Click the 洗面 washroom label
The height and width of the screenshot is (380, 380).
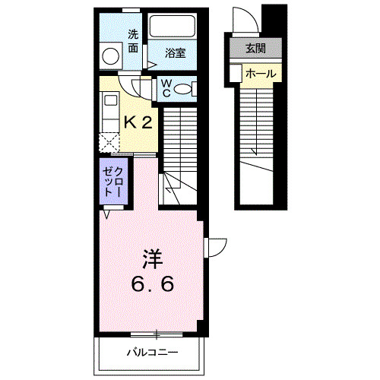(x=133, y=40)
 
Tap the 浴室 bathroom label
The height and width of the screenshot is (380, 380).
(x=176, y=54)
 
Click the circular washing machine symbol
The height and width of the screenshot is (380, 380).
(x=111, y=55)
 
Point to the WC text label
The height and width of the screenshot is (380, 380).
(x=163, y=90)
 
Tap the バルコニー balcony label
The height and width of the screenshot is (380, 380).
(x=151, y=353)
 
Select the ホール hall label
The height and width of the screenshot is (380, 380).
(x=261, y=74)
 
